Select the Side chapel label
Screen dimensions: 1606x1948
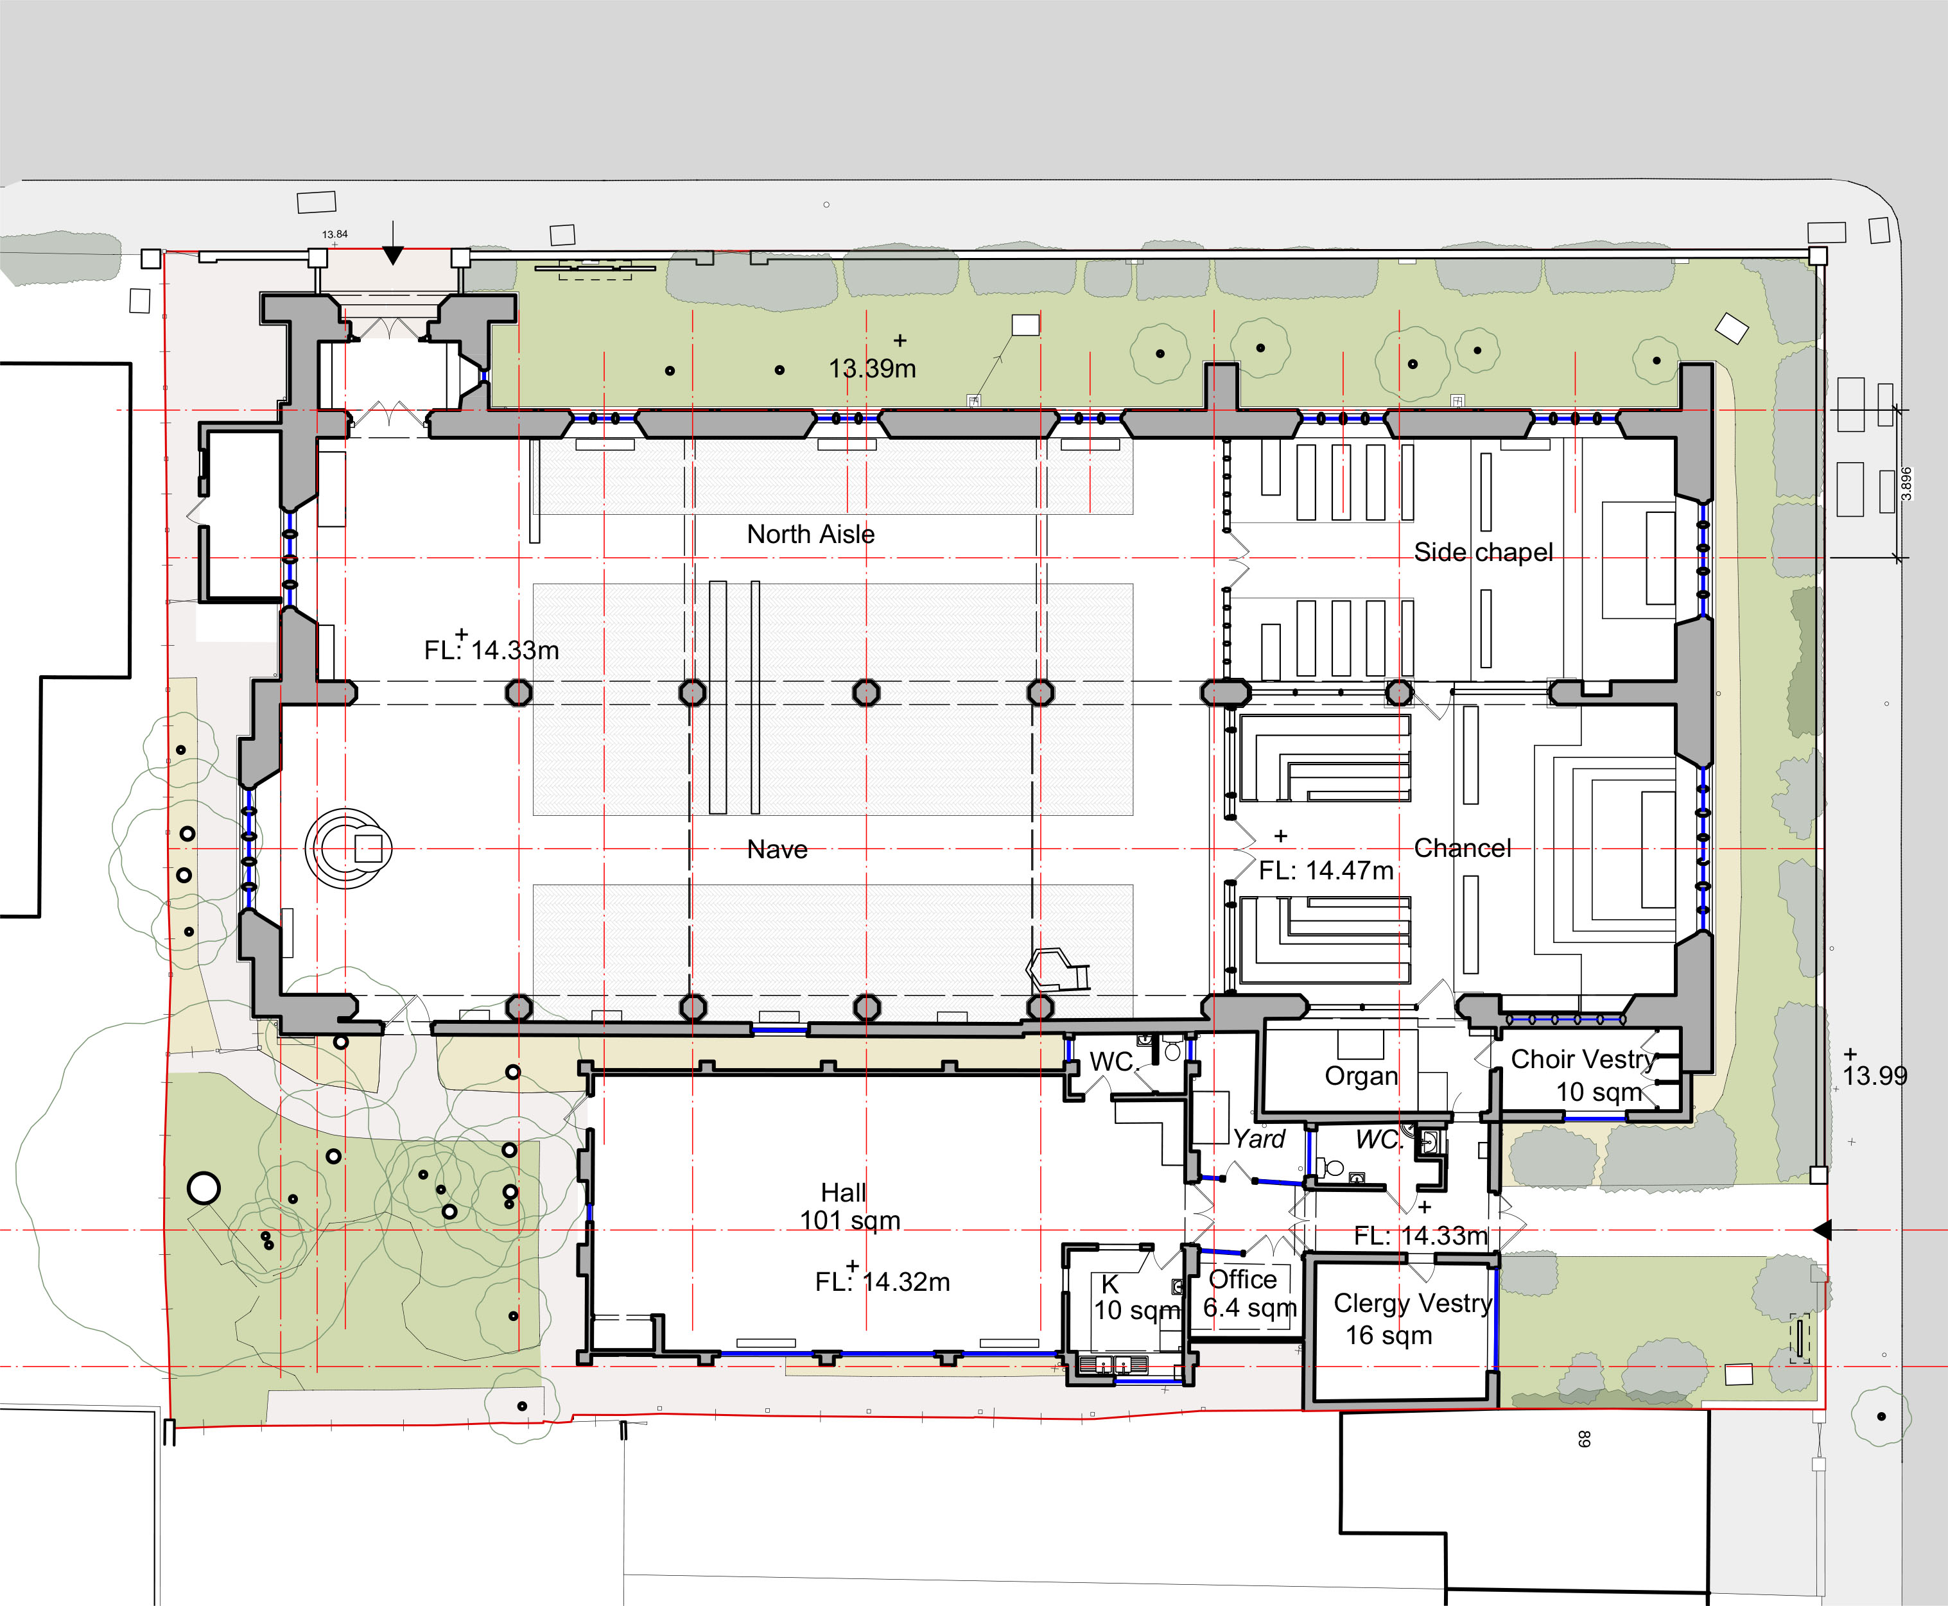pyautogui.click(x=1483, y=552)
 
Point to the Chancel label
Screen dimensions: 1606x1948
pyautogui.click(x=1462, y=849)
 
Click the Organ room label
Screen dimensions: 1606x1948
pyautogui.click(x=1361, y=1076)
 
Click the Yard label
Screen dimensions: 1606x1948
pyautogui.click(x=1260, y=1139)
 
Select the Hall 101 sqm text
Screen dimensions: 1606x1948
pyautogui.click(x=849, y=1206)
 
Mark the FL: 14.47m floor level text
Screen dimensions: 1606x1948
pyautogui.click(x=1325, y=870)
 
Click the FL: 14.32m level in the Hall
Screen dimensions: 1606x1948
pyautogui.click(x=882, y=1281)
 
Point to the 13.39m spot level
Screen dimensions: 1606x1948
pyautogui.click(x=872, y=368)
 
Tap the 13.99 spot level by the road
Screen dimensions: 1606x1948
pyautogui.click(x=1875, y=1076)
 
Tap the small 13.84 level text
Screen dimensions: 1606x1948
pyautogui.click(x=335, y=234)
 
